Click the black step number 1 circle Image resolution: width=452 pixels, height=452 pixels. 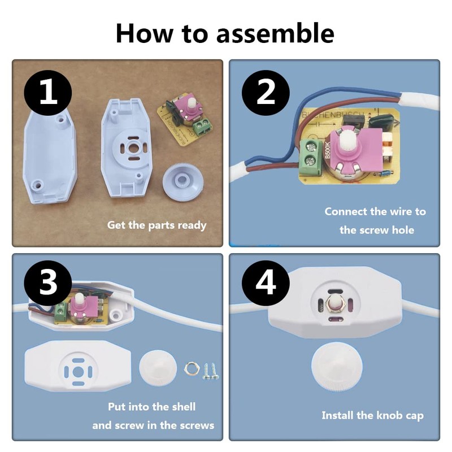48,93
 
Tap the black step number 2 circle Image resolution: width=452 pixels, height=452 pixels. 266,93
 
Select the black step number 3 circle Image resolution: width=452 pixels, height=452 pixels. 48,284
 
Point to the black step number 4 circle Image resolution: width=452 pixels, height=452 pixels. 266,284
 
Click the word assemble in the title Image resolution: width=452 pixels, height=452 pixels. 275,33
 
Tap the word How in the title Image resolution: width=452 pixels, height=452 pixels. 145,33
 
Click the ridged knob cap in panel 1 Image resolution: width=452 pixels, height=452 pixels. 182,180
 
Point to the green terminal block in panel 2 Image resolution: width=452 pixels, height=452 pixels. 311,158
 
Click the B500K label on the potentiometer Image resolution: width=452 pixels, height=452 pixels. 327,150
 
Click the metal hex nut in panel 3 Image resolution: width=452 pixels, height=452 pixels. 190,368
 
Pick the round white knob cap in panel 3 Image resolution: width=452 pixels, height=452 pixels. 158,368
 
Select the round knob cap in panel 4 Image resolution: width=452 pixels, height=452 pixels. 337,366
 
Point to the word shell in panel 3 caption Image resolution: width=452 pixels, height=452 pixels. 184,407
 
